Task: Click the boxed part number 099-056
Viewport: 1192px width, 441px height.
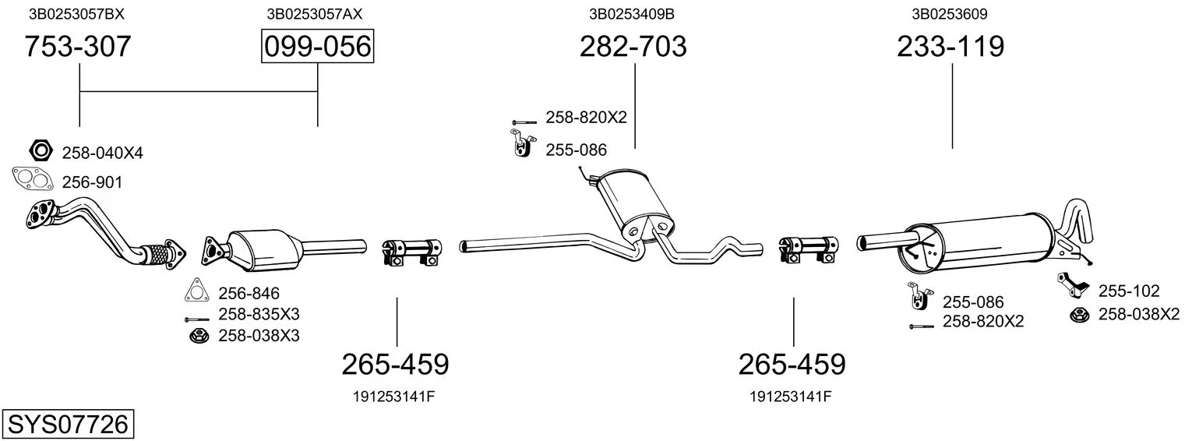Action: pyautogui.click(x=317, y=46)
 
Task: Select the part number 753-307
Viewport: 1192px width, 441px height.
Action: pyautogui.click(x=78, y=46)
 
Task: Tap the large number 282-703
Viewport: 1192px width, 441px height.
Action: pyautogui.click(x=633, y=46)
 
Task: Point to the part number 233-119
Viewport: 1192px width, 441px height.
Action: pyautogui.click(x=950, y=46)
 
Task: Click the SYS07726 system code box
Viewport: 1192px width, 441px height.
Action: pyautogui.click(x=68, y=425)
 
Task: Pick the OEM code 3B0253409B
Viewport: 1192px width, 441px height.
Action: pyautogui.click(x=632, y=14)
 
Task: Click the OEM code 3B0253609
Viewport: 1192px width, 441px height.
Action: pyautogui.click(x=950, y=14)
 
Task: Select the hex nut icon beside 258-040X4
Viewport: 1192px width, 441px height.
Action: pyautogui.click(x=41, y=150)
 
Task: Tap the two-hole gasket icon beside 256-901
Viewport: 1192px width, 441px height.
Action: pyautogui.click(x=33, y=178)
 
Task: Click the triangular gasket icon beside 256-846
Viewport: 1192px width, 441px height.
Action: pyautogui.click(x=197, y=290)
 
